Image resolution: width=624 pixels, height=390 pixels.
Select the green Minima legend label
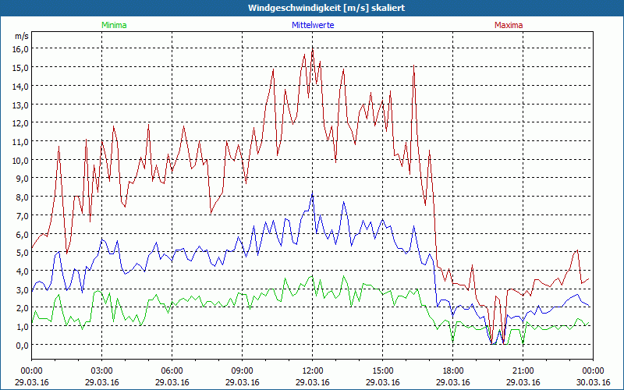point(113,25)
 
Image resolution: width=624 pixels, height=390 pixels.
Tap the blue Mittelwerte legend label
point(312,25)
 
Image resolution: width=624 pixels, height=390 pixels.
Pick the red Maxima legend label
point(508,25)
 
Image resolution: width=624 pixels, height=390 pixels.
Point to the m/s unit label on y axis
point(21,36)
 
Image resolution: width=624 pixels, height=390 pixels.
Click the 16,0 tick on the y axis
point(19,48)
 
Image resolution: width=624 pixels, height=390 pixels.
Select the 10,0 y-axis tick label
point(19,160)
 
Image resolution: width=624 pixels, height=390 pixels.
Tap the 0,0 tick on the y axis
point(21,345)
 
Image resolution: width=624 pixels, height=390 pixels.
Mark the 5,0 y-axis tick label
point(21,252)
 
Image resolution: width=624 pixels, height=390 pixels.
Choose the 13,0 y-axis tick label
point(19,105)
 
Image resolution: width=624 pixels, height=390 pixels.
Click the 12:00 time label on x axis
point(312,370)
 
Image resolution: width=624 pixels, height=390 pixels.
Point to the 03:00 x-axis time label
point(101,370)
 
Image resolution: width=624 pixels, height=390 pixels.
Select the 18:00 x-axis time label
point(452,370)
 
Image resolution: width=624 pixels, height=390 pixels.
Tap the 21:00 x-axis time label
point(523,370)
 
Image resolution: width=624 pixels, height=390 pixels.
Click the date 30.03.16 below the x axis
point(593,382)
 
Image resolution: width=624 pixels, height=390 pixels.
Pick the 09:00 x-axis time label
point(242,370)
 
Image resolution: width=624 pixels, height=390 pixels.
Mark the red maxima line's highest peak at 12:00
point(312,48)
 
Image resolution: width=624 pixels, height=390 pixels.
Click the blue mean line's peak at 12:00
point(312,194)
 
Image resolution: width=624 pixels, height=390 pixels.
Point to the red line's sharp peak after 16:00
point(414,66)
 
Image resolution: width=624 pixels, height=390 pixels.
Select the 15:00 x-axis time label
point(382,370)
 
